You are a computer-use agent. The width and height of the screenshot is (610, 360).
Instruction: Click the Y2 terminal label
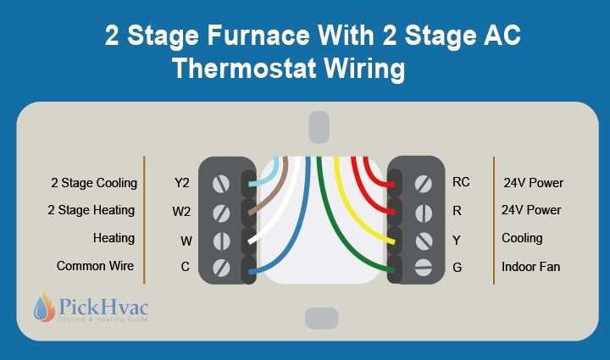(x=182, y=182)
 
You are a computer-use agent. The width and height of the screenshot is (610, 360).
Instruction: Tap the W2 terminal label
(x=182, y=211)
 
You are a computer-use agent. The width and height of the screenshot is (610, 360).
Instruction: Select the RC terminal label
(x=461, y=181)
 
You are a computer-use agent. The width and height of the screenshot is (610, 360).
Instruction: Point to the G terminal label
(x=457, y=268)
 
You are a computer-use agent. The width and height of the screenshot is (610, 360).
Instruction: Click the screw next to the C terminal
(x=222, y=269)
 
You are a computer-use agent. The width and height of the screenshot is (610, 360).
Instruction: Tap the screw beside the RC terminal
(x=423, y=182)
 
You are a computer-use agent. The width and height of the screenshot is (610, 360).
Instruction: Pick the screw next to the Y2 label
(x=222, y=183)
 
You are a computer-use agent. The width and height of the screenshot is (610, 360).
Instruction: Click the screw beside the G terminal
(x=423, y=269)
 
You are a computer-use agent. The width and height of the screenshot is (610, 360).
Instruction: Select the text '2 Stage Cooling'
(x=93, y=182)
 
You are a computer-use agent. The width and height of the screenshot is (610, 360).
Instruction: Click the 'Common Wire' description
(x=95, y=266)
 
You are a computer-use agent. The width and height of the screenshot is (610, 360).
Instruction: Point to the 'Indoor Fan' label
(x=530, y=267)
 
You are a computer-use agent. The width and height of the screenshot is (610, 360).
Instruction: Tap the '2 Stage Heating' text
(x=91, y=211)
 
